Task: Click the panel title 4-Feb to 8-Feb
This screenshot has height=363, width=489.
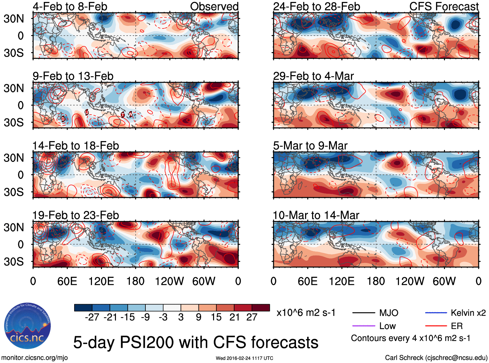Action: (x=70, y=6)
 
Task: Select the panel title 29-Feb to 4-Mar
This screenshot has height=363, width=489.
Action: (x=313, y=76)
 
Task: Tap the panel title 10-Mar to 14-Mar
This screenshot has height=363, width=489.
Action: (x=316, y=215)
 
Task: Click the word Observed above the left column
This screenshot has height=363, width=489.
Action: (x=214, y=6)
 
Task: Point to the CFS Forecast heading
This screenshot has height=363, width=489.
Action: (x=444, y=6)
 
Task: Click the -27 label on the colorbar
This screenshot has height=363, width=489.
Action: (x=92, y=317)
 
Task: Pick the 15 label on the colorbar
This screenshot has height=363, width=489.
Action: (x=216, y=317)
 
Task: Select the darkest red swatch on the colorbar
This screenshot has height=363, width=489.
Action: (x=261, y=308)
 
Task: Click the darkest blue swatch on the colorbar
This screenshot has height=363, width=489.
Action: (x=83, y=308)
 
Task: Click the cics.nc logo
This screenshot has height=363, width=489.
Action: (x=27, y=326)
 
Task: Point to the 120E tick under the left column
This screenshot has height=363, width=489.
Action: (x=101, y=281)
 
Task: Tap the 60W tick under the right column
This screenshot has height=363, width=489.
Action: (x=444, y=281)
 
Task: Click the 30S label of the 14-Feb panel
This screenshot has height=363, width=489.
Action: (x=14, y=192)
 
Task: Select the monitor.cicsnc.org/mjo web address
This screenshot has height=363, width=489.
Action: (x=34, y=358)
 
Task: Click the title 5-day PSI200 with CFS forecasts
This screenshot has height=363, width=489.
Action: (x=196, y=343)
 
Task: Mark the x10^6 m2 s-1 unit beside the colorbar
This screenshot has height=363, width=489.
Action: (x=306, y=313)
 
